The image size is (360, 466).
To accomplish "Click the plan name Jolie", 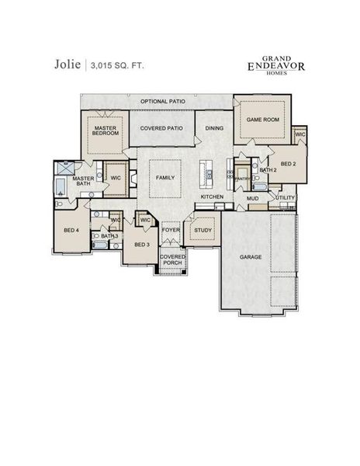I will (x=67, y=65).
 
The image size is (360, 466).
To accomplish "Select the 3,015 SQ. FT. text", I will (x=116, y=66).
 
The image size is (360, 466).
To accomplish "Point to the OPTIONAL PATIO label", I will (x=163, y=102).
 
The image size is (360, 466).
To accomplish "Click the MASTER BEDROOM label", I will (x=106, y=130).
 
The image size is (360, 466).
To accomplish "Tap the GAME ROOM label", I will (x=261, y=121).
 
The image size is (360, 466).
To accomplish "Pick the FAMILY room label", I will (x=165, y=177).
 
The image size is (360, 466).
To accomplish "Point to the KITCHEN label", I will (x=213, y=197).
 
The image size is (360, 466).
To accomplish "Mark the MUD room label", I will (x=252, y=198).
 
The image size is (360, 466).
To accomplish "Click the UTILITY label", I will (x=285, y=198).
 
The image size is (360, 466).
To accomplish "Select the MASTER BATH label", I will (x=83, y=182).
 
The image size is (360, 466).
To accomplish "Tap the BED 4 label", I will (x=71, y=230).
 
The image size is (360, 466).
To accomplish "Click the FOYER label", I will (x=170, y=230).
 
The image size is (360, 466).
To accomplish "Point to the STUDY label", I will (x=202, y=230).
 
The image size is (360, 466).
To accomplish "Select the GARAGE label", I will (x=250, y=256).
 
